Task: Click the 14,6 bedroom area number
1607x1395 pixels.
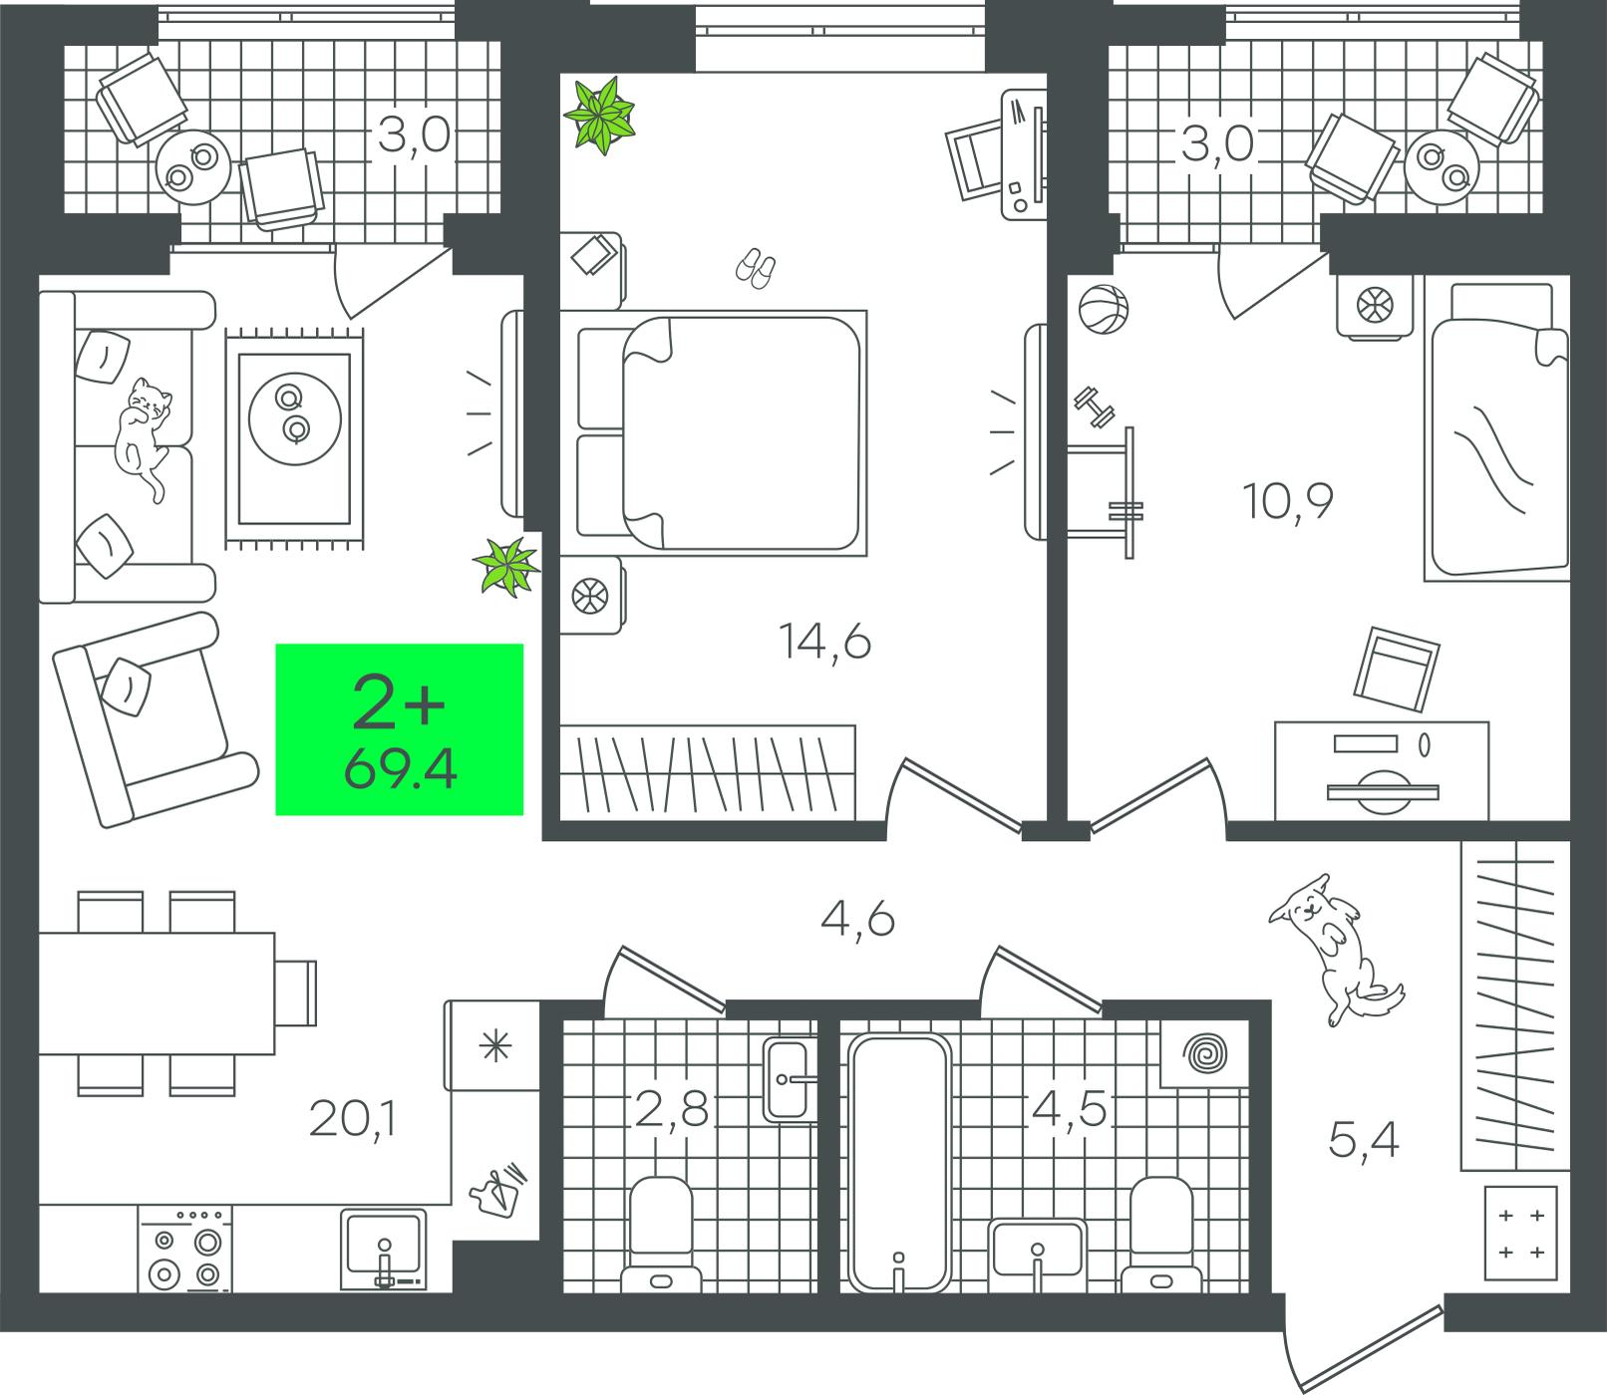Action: pyautogui.click(x=825, y=644)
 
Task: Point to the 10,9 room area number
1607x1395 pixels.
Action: pyautogui.click(x=1288, y=500)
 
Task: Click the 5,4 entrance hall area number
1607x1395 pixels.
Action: pyautogui.click(x=1364, y=1139)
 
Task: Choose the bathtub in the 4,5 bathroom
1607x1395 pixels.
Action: pyautogui.click(x=899, y=1163)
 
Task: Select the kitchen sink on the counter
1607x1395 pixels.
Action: pyautogui.click(x=383, y=1248)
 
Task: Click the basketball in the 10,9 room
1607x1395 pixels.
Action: pyautogui.click(x=1103, y=309)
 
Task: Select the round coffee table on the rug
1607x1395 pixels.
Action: pyautogui.click(x=294, y=414)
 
